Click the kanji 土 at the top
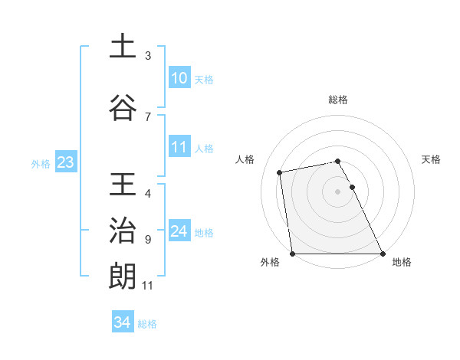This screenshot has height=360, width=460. click(x=122, y=47)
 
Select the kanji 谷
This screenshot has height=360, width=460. click(x=122, y=108)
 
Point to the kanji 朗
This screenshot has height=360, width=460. click(x=122, y=277)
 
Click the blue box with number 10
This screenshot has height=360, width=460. click(x=179, y=78)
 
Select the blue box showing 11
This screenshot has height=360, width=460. click(x=179, y=147)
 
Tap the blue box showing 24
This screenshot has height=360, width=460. click(x=179, y=231)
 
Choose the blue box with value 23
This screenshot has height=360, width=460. click(x=65, y=162)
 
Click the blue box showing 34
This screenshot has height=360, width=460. click(x=122, y=322)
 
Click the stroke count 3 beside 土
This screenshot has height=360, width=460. click(x=148, y=56)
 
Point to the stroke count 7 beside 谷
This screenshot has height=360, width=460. click(x=148, y=117)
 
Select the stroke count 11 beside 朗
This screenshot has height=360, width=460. click(x=148, y=286)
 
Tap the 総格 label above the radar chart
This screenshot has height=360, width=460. click(x=338, y=100)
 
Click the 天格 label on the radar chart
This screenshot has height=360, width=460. click(x=432, y=159)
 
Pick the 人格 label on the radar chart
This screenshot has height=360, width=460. click(x=245, y=159)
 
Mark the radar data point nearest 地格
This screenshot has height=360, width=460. click(x=383, y=254)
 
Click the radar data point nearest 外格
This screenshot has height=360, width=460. click(x=293, y=254)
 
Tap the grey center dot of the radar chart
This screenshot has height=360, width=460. click(x=338, y=191)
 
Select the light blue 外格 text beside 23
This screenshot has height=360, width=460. click(x=41, y=163)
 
